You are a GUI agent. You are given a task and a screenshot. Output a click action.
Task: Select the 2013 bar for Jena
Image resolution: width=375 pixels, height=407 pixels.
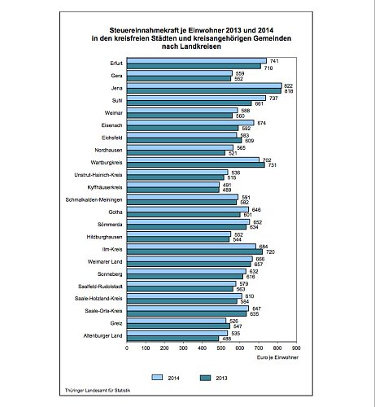pyautogui.click(x=204, y=91)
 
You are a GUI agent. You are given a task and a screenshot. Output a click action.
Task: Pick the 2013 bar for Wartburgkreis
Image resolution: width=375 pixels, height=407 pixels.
pyautogui.click(x=195, y=165)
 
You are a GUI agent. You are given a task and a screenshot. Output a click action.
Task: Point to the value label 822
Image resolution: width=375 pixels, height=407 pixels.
pyautogui.click(x=289, y=85)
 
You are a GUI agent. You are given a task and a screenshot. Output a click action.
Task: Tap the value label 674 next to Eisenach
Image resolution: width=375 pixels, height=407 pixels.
pyautogui.click(x=261, y=123)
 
